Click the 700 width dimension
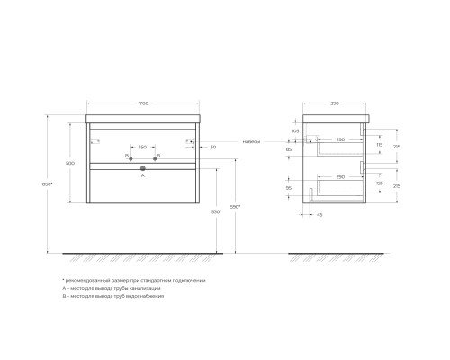pos(143,105)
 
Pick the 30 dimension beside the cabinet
pos(212,147)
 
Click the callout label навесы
pos(253,141)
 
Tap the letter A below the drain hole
pos(143,176)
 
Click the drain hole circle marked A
pos(143,167)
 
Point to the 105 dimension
pos(296,130)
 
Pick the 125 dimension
pos(381,183)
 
